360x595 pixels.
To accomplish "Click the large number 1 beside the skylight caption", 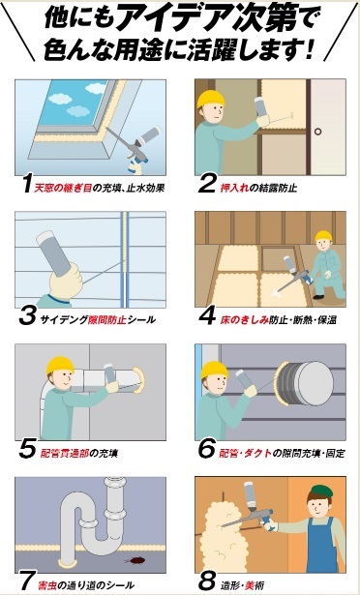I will click(25, 183).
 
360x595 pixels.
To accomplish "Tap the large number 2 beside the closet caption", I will click(204, 183).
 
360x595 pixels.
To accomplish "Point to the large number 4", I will click(204, 315).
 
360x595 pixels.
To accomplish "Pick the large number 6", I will click(204, 449).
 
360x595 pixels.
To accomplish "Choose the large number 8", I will click(204, 582).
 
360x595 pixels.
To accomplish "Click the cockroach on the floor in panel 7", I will click(126, 559).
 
